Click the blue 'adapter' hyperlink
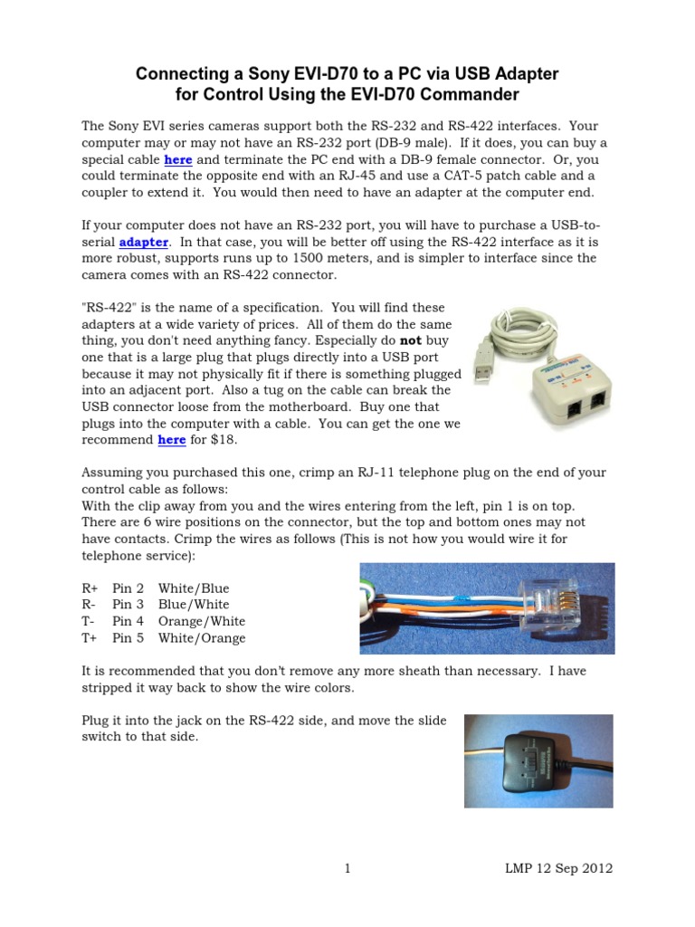[x=144, y=242]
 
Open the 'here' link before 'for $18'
[x=172, y=440]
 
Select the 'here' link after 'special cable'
[x=177, y=159]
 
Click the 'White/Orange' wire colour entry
[x=202, y=638]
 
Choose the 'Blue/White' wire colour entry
[x=194, y=604]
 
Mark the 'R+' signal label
[x=90, y=588]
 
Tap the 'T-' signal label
[x=89, y=621]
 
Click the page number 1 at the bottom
[x=347, y=869]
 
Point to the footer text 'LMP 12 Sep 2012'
[x=558, y=869]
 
